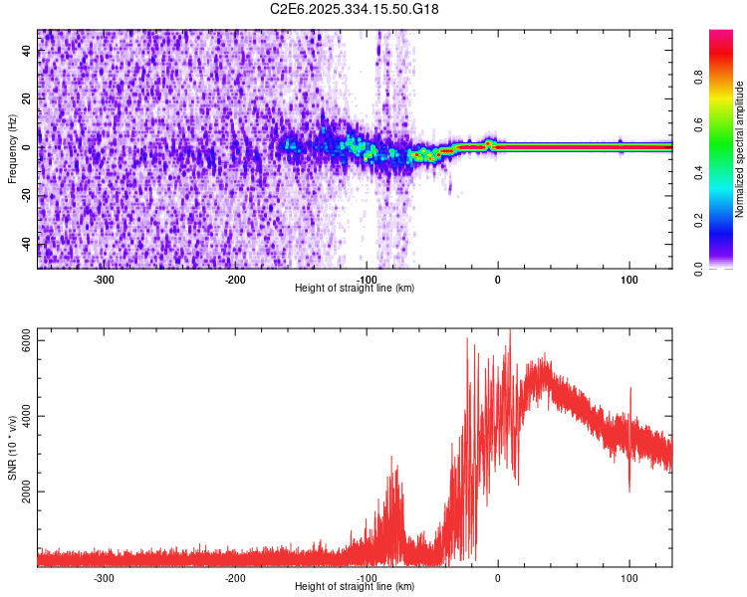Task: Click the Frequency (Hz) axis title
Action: tap(13, 148)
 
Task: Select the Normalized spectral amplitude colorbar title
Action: tap(740, 149)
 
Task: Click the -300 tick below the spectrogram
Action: tap(105, 280)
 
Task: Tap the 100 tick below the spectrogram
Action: tap(629, 280)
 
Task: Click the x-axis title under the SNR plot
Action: tap(355, 587)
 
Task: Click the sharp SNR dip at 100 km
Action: tap(628, 490)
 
